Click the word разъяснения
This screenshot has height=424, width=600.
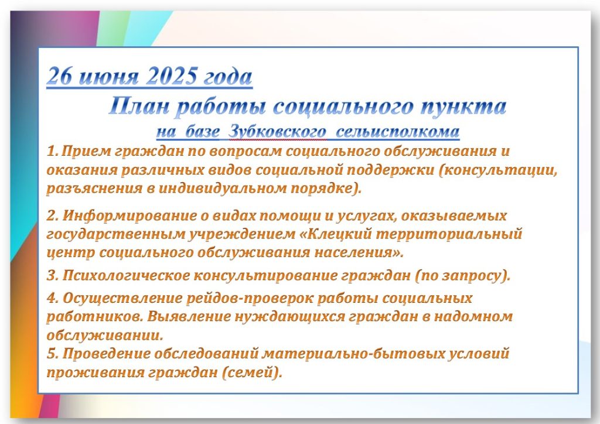[x=94, y=189]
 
